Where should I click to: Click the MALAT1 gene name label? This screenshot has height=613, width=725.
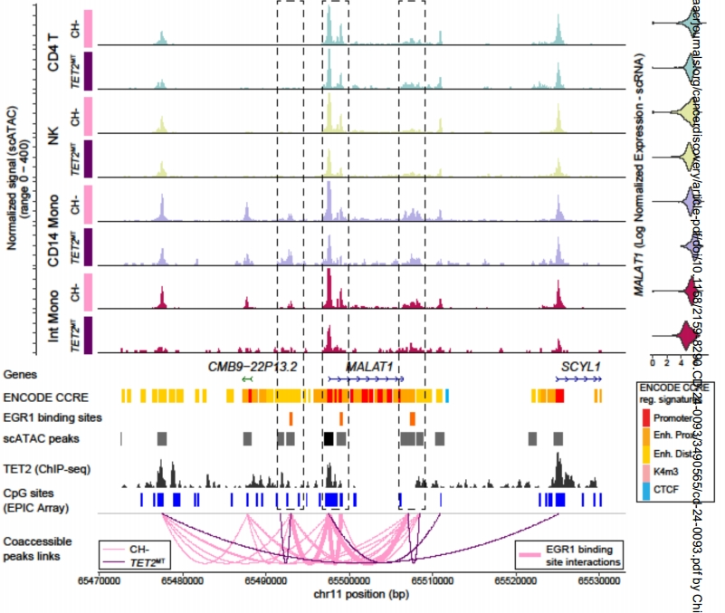(370, 366)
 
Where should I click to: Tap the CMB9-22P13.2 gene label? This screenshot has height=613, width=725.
(253, 366)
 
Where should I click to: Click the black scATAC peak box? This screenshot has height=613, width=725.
(329, 438)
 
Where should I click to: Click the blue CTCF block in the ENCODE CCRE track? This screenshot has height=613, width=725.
(447, 396)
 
